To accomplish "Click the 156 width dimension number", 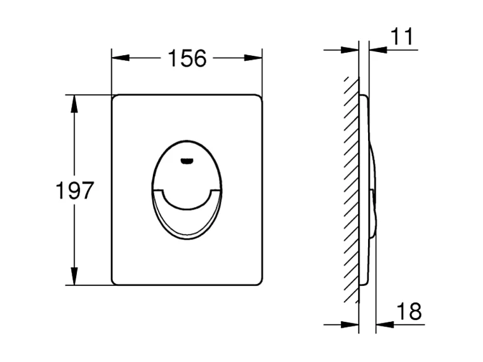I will coord(187,58).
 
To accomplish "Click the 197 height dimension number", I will coord(74,191).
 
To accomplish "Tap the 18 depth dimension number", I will coord(410,311).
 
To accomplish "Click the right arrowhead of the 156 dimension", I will coord(255,58).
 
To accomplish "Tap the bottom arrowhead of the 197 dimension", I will coord(74,278).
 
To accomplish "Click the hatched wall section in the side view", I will coord(351,191).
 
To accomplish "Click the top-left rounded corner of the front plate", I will coord(115,98).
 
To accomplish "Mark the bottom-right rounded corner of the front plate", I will coord(259,281).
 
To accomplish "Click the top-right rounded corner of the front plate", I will coord(259,98).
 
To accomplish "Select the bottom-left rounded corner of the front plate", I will coord(115,281).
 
